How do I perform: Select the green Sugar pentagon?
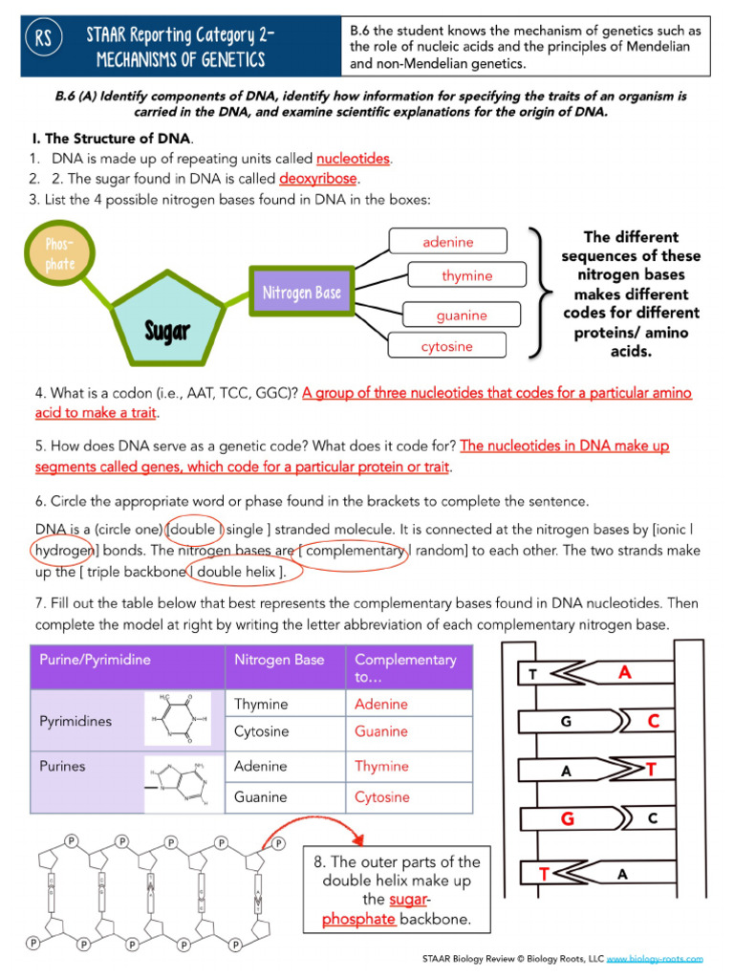[x=168, y=316]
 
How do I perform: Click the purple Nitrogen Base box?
[x=301, y=293]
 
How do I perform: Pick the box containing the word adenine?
[x=447, y=242]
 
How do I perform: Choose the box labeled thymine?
[x=467, y=275]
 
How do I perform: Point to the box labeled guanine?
[x=462, y=315]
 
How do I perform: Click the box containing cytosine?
[x=447, y=346]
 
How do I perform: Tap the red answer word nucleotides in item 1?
[x=354, y=159]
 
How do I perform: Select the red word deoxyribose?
[x=319, y=179]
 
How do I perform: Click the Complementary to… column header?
[x=406, y=668]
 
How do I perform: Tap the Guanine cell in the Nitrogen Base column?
[x=260, y=796]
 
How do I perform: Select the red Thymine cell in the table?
[x=381, y=766]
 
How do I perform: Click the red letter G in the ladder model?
[x=568, y=818]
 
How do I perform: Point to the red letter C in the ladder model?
[x=654, y=722]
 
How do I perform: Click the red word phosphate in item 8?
[x=358, y=920]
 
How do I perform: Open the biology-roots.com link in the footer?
[x=655, y=958]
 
